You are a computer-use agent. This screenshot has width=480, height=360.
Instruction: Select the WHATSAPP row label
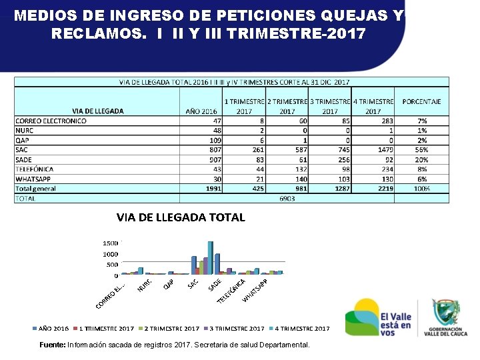30,179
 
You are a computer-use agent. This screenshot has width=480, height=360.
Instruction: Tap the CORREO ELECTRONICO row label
51,121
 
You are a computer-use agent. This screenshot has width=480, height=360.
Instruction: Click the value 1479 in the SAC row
385,150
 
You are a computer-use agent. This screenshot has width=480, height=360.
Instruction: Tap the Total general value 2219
385,189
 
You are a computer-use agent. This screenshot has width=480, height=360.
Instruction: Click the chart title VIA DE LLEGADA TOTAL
181,217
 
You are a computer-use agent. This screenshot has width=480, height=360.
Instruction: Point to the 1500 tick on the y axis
111,243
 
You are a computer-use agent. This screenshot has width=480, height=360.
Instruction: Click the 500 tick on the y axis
113,265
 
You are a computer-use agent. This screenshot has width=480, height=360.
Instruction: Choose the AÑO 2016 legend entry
51,329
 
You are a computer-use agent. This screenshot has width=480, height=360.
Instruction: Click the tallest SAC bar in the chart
210,258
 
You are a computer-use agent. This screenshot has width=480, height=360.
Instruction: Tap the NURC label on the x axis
145,285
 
